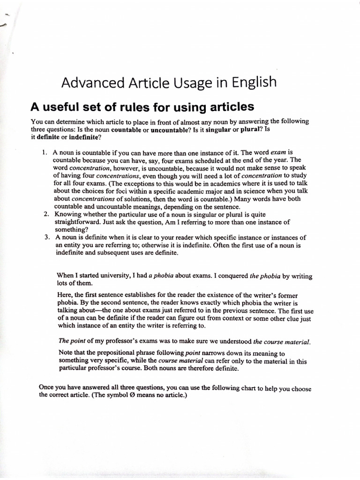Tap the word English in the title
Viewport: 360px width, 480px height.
(x=252, y=83)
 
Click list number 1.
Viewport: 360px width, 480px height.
(x=45, y=153)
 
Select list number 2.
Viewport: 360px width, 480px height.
(x=45, y=214)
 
